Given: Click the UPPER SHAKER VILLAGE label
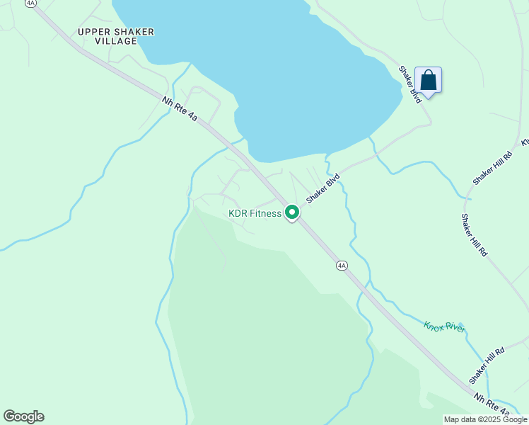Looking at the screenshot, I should click(116, 36).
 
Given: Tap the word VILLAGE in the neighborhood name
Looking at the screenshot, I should click(116, 41).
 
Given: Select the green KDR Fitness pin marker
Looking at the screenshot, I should click(291, 212).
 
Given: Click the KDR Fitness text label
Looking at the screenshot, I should click(255, 213).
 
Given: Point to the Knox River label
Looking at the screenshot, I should click(445, 327).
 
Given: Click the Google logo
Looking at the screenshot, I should click(23, 416).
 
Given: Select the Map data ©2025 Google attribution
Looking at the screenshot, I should click(485, 419).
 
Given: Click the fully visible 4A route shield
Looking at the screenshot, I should click(342, 266).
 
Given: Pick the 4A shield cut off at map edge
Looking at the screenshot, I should click(30, 3).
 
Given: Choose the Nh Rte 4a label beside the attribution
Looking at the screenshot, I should click(492, 404).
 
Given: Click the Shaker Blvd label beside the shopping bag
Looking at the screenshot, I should click(409, 84).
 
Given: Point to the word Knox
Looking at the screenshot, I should click(434, 325).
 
